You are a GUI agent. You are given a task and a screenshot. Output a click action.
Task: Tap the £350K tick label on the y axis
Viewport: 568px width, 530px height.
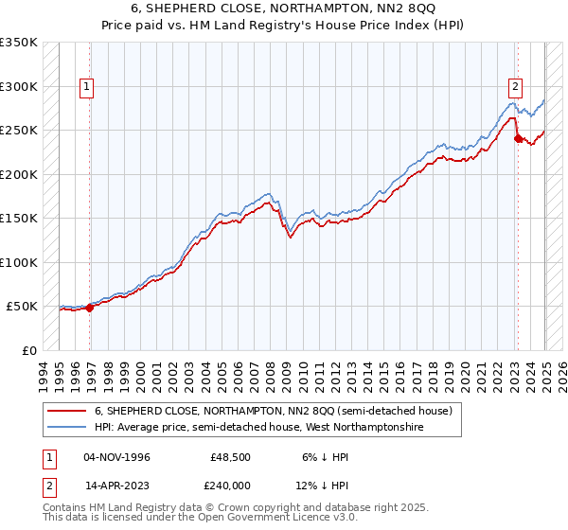click(x=19, y=43)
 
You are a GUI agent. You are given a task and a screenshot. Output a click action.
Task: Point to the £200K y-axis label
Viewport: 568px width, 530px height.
click(x=19, y=174)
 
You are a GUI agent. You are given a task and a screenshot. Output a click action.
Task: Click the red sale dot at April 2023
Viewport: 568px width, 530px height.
click(x=518, y=137)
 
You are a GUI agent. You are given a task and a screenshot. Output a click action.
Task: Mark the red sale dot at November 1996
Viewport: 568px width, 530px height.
click(x=90, y=308)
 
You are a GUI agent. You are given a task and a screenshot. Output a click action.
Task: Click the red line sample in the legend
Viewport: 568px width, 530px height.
click(x=66, y=411)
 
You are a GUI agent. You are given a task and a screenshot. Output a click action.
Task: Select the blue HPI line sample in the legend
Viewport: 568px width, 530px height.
click(x=66, y=428)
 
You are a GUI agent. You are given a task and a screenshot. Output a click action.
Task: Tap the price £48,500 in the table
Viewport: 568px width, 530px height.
click(x=231, y=457)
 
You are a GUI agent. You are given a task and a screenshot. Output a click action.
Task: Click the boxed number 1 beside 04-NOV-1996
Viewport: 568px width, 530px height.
click(x=47, y=457)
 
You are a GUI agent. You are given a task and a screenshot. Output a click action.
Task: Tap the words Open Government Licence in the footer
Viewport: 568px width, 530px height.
click(x=278, y=518)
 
